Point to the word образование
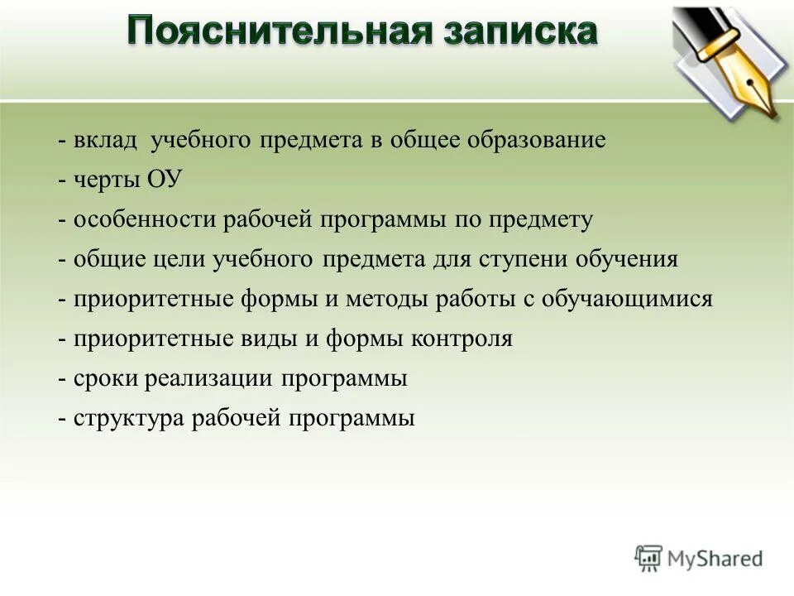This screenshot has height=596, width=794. point(537,140)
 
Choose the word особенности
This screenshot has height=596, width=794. point(145,219)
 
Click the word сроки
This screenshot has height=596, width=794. point(107,378)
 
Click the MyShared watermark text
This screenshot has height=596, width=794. point(715,559)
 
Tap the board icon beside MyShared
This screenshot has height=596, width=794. point(649,559)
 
